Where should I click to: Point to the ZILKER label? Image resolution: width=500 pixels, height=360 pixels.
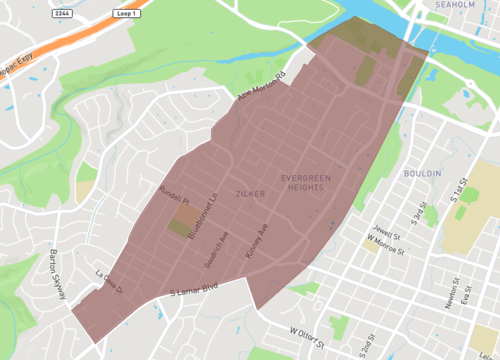coord(250,192)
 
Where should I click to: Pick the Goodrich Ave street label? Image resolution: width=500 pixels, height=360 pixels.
coord(225,244)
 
